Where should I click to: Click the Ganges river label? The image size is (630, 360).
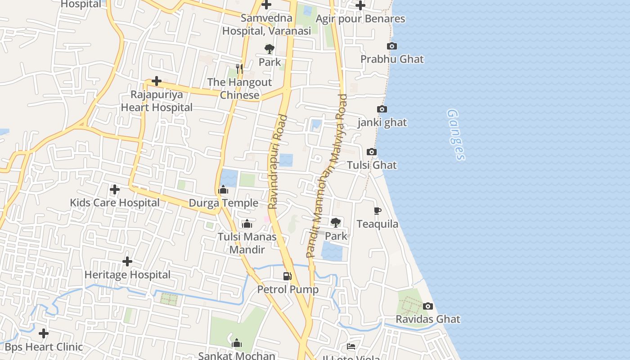coord(455,135)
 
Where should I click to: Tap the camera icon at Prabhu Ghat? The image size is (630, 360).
coord(392,46)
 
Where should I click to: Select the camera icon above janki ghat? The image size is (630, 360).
coord(382,109)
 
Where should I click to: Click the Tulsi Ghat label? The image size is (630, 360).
coord(372,165)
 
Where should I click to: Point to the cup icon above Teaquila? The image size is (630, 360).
coord(377,211)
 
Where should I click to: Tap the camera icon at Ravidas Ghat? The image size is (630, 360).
coord(428,306)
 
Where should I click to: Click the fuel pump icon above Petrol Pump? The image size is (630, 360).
coord(287,276)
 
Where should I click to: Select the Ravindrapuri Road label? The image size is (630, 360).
coord(278,162)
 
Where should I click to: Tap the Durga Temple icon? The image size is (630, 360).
coord(223,190)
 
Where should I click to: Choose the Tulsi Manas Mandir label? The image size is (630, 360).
coord(247,243)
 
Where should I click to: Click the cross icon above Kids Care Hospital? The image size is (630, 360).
coord(115,189)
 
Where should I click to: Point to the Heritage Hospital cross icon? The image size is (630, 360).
coord(127,261)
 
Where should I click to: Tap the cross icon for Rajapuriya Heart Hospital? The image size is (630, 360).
coord(157,81)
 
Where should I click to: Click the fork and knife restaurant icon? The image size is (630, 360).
coord(239,69)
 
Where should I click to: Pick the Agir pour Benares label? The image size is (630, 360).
coord(360,19)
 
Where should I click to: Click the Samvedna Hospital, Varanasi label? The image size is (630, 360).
coord(266,25)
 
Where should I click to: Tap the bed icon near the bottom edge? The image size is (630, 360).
coord(351,346)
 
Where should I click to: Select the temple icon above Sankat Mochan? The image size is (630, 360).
coord(237,343)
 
